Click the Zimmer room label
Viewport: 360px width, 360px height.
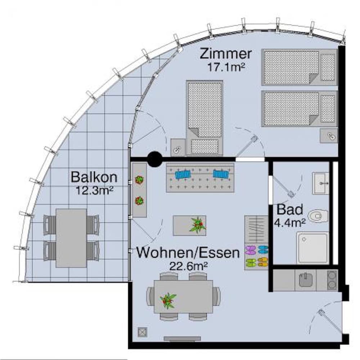(226, 54)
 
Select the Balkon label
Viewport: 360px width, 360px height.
(94, 177)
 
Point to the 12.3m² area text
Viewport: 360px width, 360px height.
(94, 190)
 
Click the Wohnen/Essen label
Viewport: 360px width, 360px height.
(188, 253)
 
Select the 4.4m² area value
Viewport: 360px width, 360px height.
(290, 222)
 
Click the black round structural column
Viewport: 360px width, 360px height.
(155, 159)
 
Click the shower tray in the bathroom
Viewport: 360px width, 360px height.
(312, 248)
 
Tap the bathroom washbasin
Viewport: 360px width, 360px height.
(320, 183)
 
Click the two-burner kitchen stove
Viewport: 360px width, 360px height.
(332, 280)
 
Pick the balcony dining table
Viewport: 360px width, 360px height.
(71, 238)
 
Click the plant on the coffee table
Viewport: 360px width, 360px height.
(197, 225)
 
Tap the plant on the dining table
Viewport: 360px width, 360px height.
(168, 301)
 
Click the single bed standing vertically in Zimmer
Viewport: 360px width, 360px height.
(204, 118)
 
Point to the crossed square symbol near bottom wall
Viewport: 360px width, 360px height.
(142, 332)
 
